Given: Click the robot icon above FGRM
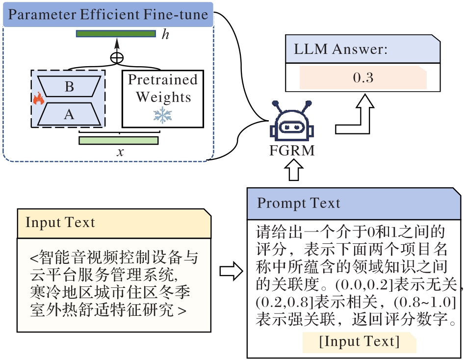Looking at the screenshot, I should pyautogui.click(x=291, y=123).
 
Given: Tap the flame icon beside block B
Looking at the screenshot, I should pyautogui.click(x=38, y=99).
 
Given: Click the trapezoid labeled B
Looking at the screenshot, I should pyautogui.click(x=69, y=87).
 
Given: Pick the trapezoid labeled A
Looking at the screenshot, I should pyautogui.click(x=69, y=114).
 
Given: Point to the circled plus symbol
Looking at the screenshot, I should pyautogui.click(x=117, y=57).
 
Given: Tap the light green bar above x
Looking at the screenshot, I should pyautogui.click(x=119, y=140).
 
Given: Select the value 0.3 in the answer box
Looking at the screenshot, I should pyautogui.click(x=363, y=78).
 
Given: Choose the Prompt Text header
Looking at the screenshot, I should pyautogui.click(x=299, y=203).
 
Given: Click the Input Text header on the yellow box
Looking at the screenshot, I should pyautogui.click(x=60, y=222).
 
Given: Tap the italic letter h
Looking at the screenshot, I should pyautogui.click(x=165, y=34).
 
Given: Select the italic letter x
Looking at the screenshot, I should pyautogui.click(x=120, y=152).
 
